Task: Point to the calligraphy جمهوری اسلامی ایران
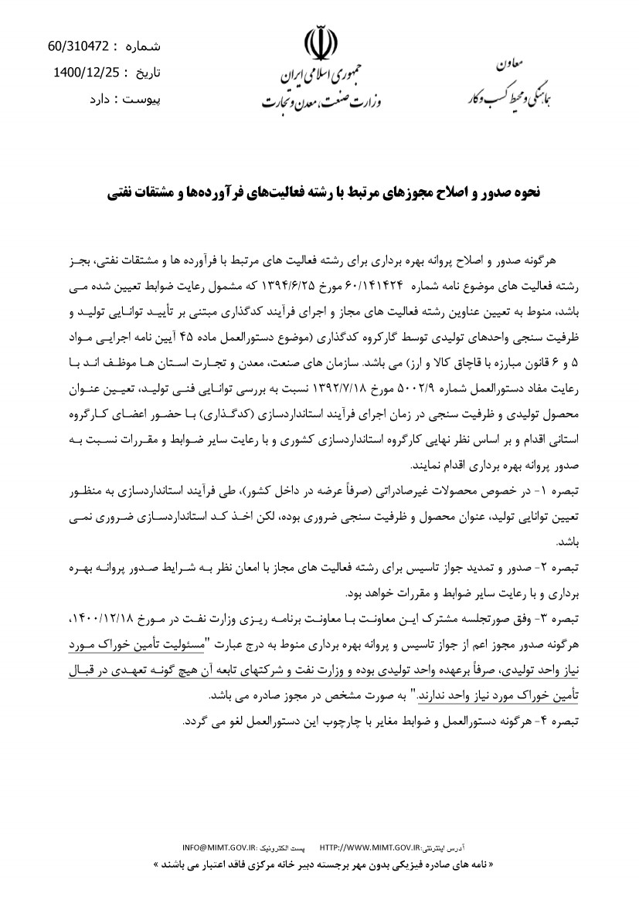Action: pyautogui.click(x=324, y=75)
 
